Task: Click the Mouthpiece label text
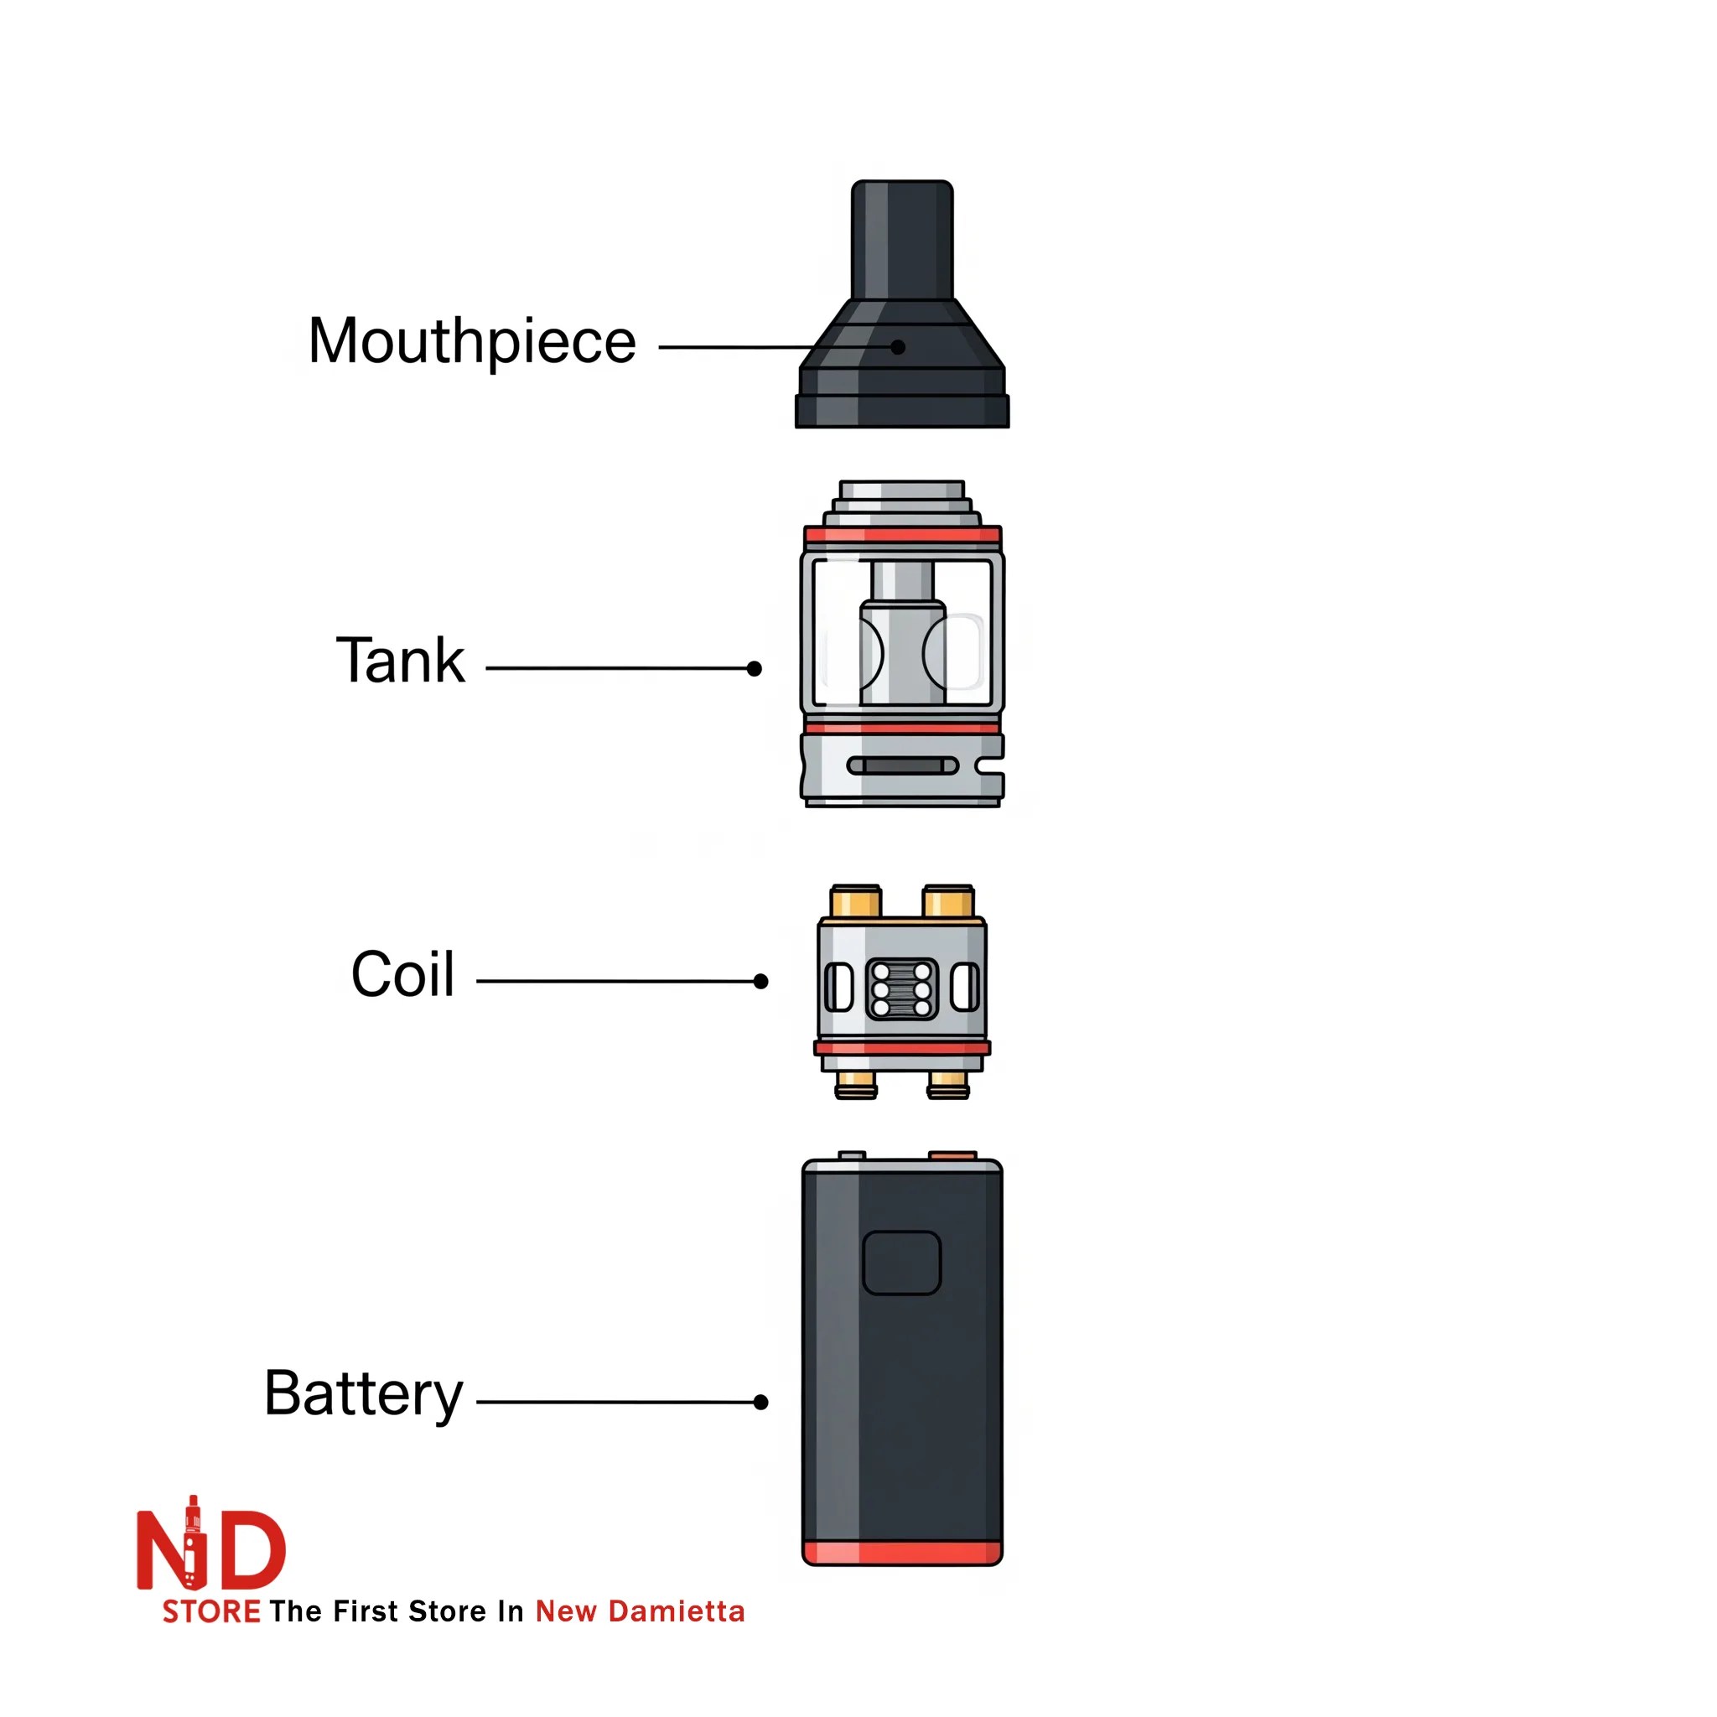pos(472,341)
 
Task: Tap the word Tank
pos(400,661)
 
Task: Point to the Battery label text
pos(364,1393)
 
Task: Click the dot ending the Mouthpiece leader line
pos(898,347)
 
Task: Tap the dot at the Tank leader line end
pos(755,668)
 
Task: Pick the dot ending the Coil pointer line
pos(760,981)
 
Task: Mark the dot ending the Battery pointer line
pos(760,1403)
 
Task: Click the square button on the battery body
pos(901,1263)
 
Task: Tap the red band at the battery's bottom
pos(901,1554)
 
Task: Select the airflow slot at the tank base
pos(902,766)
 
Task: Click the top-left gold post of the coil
pos(855,901)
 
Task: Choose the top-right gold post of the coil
pos(948,901)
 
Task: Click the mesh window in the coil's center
pos(901,989)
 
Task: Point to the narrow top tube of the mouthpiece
pos(902,240)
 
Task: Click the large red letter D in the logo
pos(247,1551)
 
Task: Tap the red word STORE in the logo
pos(211,1611)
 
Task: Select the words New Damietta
pos(640,1611)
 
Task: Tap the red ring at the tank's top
pos(902,535)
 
